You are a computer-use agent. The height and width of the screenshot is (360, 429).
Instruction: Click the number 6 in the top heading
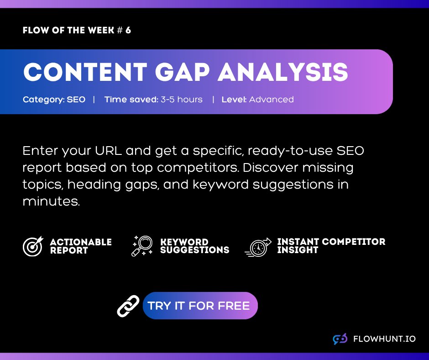pyautogui.click(x=128, y=31)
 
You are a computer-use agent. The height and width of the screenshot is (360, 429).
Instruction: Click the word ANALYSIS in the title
pyautogui.click(x=283, y=72)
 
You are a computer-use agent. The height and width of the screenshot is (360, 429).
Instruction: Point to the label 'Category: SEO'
pyautogui.click(x=54, y=99)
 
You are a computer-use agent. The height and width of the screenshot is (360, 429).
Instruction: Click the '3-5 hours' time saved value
pyautogui.click(x=181, y=99)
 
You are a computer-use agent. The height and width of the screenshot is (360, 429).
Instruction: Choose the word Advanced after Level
pyautogui.click(x=271, y=99)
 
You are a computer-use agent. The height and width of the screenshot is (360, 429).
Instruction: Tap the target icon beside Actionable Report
pyautogui.click(x=32, y=246)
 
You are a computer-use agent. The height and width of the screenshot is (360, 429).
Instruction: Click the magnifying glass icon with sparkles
pyautogui.click(x=142, y=246)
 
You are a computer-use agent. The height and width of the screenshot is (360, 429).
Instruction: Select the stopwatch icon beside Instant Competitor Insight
pyautogui.click(x=258, y=247)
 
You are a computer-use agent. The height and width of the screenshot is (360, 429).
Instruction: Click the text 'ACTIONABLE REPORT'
pyautogui.click(x=81, y=246)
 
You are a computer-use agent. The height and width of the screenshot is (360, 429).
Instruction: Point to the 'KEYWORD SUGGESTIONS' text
pyautogui.click(x=194, y=246)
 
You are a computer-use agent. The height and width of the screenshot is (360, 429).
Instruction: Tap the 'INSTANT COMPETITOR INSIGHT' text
pyautogui.click(x=331, y=246)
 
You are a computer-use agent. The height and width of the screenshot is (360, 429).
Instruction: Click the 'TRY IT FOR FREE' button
pyautogui.click(x=200, y=306)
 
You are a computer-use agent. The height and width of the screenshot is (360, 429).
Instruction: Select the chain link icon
pyautogui.click(x=128, y=306)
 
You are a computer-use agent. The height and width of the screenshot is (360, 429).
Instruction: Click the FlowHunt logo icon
pyautogui.click(x=340, y=339)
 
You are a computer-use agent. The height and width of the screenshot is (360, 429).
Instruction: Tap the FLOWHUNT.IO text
pyautogui.click(x=384, y=339)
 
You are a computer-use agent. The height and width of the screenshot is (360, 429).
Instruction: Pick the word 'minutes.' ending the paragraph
pyautogui.click(x=51, y=201)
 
